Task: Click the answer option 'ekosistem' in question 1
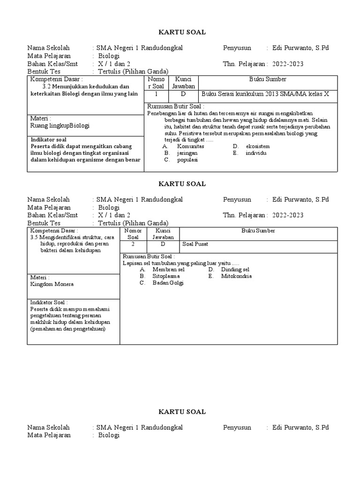click(257, 146)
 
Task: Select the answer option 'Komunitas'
click(190, 146)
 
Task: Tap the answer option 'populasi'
click(187, 159)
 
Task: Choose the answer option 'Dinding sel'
click(235, 270)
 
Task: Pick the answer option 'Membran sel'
click(168, 270)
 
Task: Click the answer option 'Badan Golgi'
click(168, 283)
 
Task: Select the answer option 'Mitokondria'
click(237, 276)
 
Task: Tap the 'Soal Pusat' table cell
click(195, 244)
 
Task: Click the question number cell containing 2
click(133, 244)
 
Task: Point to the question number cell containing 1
click(156, 94)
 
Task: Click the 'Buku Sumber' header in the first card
click(268, 79)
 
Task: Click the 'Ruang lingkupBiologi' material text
click(60, 126)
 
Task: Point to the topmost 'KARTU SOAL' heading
click(180, 32)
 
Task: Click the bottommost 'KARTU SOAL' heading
click(180, 412)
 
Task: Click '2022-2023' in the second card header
click(286, 215)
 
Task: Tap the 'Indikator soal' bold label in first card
click(48, 140)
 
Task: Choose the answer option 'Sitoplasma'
click(166, 276)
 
